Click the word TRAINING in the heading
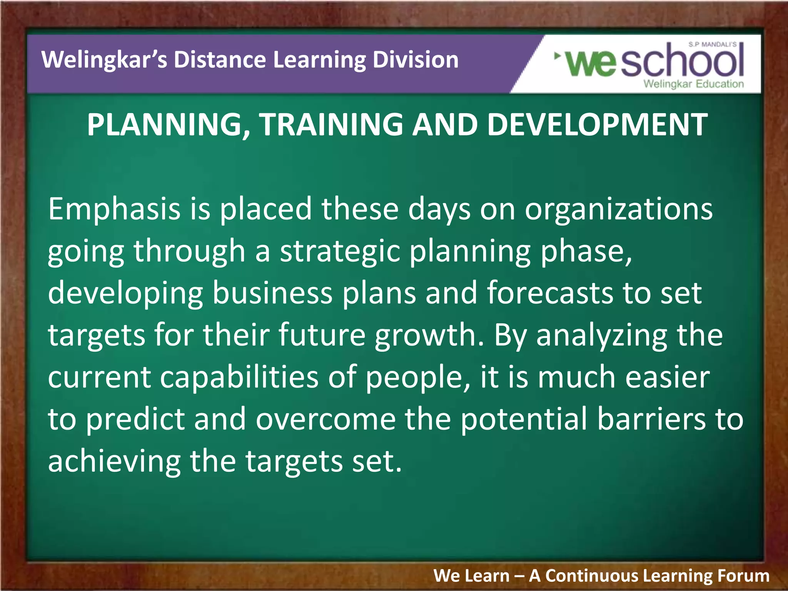tap(331, 125)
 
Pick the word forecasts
tap(550, 293)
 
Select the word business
tap(272, 293)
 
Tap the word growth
tap(429, 336)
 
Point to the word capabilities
tap(239, 377)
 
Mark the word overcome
tap(326, 419)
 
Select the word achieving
tap(114, 462)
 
